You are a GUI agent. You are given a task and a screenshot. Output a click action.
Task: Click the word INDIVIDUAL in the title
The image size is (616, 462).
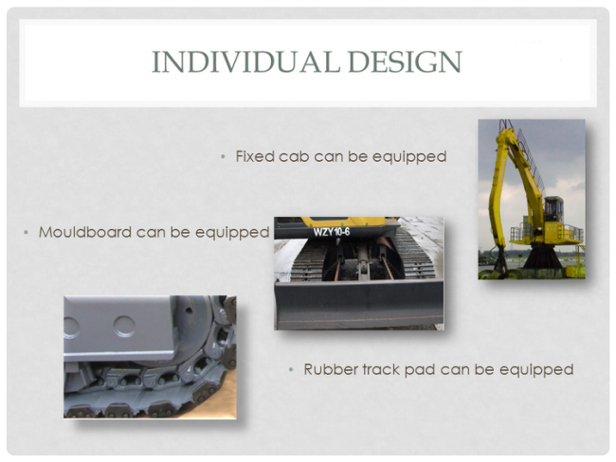(x=246, y=62)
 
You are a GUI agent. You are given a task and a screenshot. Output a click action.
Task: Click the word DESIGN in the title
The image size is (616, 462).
(x=405, y=62)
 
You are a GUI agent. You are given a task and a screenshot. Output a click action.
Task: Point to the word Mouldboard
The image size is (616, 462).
(x=85, y=232)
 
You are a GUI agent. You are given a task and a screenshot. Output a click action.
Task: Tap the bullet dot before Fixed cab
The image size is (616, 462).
(x=223, y=157)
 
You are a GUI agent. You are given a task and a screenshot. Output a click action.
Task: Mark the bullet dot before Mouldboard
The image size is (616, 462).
(x=26, y=232)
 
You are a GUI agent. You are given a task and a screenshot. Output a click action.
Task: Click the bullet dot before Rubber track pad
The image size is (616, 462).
(x=291, y=370)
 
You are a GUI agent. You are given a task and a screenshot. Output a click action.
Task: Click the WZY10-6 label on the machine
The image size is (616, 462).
(x=331, y=232)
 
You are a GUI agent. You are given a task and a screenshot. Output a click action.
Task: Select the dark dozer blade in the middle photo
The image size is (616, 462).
(x=359, y=304)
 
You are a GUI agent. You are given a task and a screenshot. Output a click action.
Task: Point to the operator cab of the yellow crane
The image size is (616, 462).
(x=553, y=208)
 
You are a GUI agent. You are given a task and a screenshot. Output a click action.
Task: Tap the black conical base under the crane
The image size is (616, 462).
(x=542, y=257)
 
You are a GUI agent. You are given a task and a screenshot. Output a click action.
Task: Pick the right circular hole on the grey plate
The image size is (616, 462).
(x=124, y=327)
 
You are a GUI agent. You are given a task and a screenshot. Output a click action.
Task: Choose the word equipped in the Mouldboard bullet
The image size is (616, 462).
(x=232, y=233)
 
